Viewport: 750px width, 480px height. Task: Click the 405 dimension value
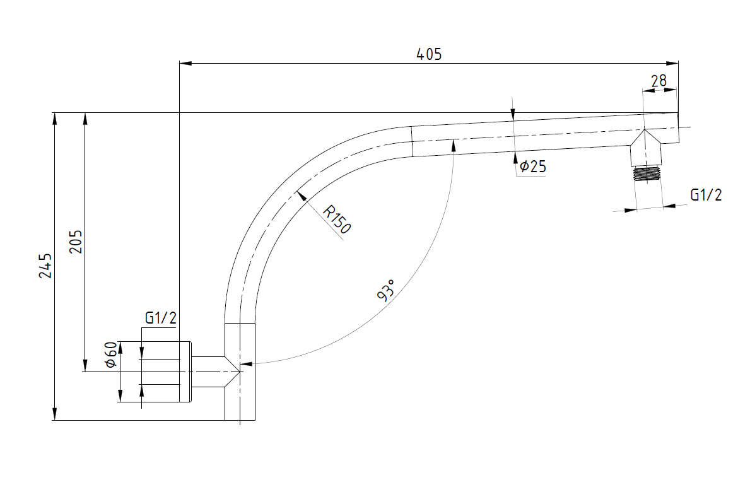pos(429,54)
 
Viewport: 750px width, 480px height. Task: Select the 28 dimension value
pos(659,81)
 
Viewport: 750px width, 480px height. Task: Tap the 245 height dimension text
pos(45,266)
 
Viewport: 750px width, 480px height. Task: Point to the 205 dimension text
pos(75,242)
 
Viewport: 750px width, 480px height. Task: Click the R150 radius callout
pos(337,220)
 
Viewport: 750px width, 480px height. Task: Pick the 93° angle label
pos(386,290)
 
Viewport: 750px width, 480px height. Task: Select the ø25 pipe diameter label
pos(533,167)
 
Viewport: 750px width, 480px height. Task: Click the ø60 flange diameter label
pos(110,354)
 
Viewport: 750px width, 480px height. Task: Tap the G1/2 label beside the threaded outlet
pos(705,194)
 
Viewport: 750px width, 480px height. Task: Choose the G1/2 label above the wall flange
pos(160,317)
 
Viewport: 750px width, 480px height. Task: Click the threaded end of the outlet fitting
pos(647,173)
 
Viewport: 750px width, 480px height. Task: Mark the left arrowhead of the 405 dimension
pos(185,63)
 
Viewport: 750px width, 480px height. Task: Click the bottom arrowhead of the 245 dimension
pos(55,414)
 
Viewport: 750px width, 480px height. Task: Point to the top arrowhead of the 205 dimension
pos(85,119)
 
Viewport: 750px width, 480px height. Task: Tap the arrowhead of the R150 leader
pos(302,196)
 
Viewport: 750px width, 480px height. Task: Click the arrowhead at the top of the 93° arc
pos(452,145)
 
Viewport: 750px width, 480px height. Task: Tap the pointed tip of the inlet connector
pos(239,372)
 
